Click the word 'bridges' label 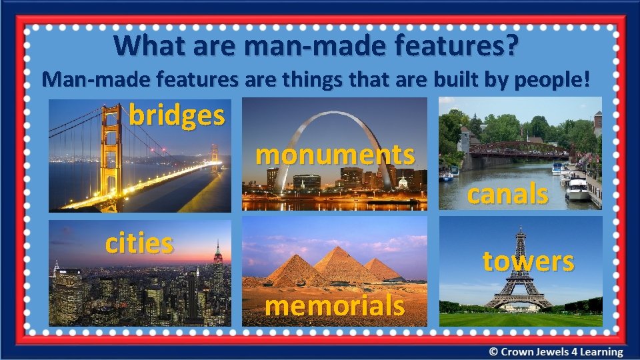pos(177,115)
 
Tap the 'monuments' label pos(335,155)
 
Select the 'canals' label pos(507,195)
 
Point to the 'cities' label pos(139,243)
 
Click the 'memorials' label pos(335,306)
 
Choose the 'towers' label pos(527,261)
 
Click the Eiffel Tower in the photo pos(518,273)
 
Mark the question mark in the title pos(511,46)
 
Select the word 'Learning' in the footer pos(598,352)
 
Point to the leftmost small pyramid pos(292,271)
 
